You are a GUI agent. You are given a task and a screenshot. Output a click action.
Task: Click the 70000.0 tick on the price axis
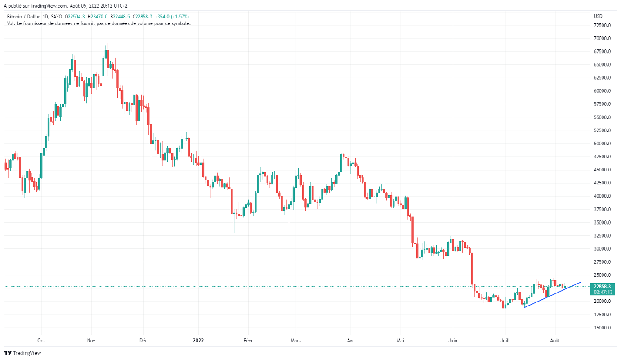(603, 38)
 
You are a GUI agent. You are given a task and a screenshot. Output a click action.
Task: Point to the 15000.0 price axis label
(603, 328)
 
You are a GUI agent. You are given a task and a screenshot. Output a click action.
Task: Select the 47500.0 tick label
(603, 157)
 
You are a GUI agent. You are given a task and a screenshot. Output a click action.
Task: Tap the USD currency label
(598, 16)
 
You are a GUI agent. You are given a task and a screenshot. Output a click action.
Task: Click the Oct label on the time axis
(41, 340)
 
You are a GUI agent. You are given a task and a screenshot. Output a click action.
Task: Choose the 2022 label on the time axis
(198, 340)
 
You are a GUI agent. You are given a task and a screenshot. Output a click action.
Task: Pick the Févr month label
(248, 340)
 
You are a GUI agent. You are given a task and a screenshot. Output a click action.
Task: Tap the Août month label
(555, 340)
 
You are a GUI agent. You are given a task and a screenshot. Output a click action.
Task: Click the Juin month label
(452, 340)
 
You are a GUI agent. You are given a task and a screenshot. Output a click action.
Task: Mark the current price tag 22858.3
(602, 286)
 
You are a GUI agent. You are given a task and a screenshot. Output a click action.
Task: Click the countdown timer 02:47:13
(602, 292)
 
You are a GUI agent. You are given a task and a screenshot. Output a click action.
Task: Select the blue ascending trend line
(553, 294)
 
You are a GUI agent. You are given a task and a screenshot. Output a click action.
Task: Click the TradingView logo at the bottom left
(22, 353)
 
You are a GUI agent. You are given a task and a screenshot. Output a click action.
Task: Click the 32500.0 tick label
(603, 235)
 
